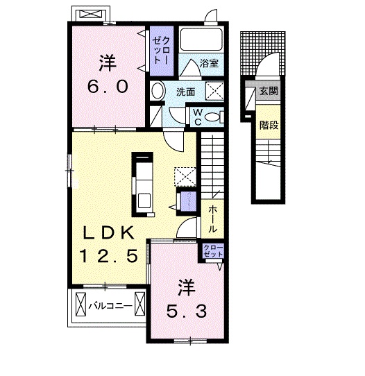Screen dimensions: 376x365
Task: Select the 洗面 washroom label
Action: tap(185, 92)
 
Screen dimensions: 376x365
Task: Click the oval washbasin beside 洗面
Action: tap(159, 92)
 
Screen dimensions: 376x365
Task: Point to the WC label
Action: tap(197, 116)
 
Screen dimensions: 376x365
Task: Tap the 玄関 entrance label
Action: tap(268, 91)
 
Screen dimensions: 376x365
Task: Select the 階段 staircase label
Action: tap(268, 125)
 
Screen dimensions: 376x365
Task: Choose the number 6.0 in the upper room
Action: tap(107, 87)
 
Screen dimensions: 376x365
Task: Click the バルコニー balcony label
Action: tap(110, 305)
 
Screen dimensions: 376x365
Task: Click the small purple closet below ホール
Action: tap(213, 251)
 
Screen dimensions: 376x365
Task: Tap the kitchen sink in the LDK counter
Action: tap(144, 199)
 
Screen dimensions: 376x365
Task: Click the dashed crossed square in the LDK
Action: tap(185, 176)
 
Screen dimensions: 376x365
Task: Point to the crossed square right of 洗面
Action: tap(215, 92)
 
